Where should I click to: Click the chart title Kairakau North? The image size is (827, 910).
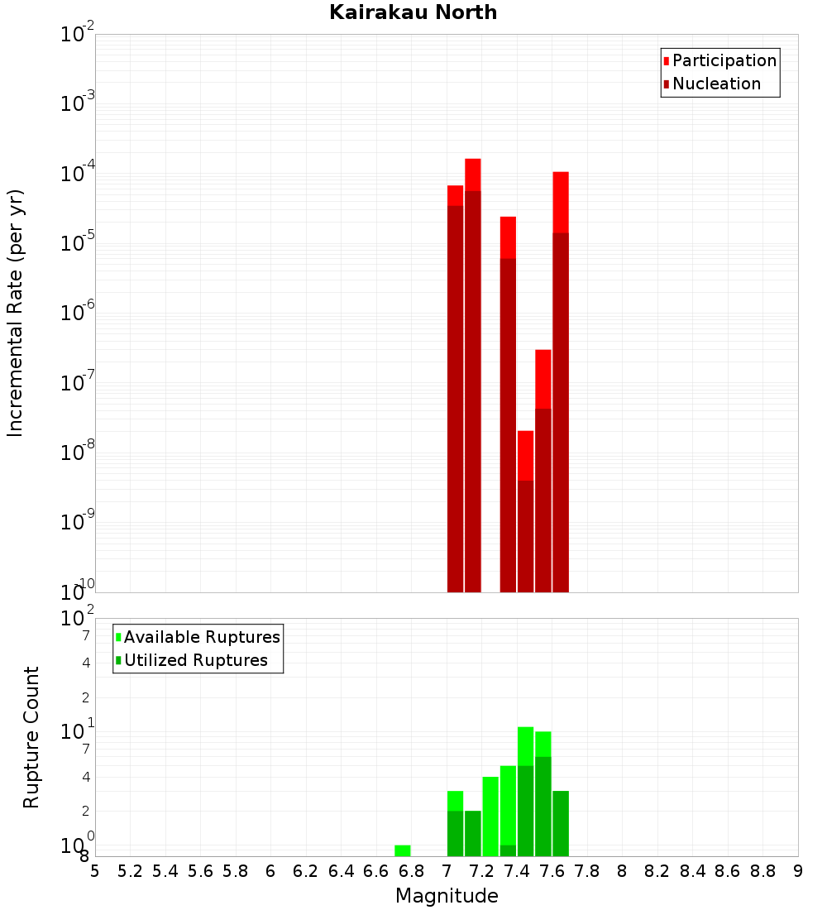click(413, 12)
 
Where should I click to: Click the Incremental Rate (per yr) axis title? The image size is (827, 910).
click(16, 313)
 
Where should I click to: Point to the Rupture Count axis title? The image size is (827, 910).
click(31, 736)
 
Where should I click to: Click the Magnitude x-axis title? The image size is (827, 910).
click(447, 896)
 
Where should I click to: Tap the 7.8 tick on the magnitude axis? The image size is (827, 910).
click(587, 871)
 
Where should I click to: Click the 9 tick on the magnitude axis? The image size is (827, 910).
click(798, 871)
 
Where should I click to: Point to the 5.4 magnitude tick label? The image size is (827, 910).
click(165, 871)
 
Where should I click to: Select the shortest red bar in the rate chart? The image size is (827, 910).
click(525, 513)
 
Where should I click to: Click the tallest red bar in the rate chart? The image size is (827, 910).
click(473, 372)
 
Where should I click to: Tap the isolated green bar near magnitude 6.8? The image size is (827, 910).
click(403, 850)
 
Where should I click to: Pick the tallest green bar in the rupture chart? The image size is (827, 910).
click(525, 790)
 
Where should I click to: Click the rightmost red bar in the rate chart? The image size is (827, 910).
click(561, 381)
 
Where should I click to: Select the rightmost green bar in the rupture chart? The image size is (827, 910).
click(561, 823)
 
